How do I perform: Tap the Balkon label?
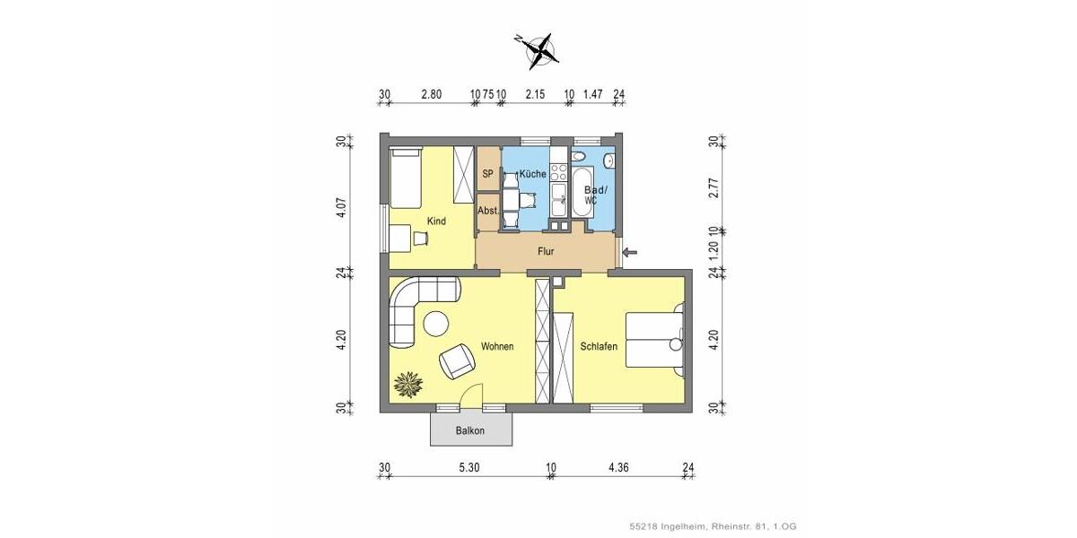tap(469, 430)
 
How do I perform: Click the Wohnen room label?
tap(497, 346)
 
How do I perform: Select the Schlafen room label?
tap(599, 346)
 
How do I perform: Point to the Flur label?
tap(546, 252)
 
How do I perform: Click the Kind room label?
tap(437, 221)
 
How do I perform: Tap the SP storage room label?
tap(488, 173)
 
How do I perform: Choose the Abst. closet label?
tap(488, 212)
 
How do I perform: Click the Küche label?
tap(533, 173)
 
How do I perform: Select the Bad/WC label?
tap(595, 195)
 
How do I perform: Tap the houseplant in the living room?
tap(408, 383)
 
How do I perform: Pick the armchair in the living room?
tap(459, 360)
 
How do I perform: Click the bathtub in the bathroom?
tap(581, 191)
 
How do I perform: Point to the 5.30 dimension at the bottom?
tap(469, 466)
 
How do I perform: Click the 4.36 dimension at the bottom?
tap(619, 466)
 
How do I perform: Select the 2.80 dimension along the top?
tap(433, 93)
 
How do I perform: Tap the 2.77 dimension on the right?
tap(714, 188)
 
